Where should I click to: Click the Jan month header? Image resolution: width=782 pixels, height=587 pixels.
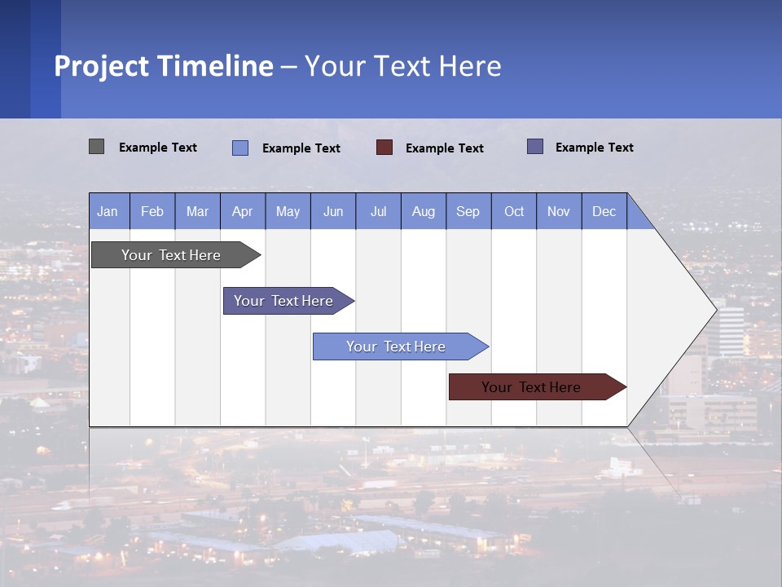[108, 211]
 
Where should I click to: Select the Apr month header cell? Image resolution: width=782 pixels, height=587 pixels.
[242, 211]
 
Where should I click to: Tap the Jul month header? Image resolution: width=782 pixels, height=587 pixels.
[378, 211]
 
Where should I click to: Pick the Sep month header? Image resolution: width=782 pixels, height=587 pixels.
[468, 211]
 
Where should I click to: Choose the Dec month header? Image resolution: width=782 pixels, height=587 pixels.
[604, 211]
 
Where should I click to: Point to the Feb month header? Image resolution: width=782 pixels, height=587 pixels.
[152, 211]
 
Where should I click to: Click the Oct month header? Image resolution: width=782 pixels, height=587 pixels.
[514, 211]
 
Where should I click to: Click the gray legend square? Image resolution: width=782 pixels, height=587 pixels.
[96, 147]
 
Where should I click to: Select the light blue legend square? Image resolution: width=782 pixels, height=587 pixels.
[240, 148]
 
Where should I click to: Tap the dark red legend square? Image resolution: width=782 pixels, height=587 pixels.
[384, 147]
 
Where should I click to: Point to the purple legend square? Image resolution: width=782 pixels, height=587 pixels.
[535, 147]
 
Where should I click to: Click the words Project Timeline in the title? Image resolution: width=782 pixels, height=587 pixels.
[164, 66]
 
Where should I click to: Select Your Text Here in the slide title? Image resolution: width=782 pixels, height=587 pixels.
[402, 66]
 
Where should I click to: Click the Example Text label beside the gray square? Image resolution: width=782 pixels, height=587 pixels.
[158, 148]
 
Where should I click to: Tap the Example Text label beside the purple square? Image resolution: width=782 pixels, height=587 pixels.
[595, 148]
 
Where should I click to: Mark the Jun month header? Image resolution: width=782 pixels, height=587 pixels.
[333, 211]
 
